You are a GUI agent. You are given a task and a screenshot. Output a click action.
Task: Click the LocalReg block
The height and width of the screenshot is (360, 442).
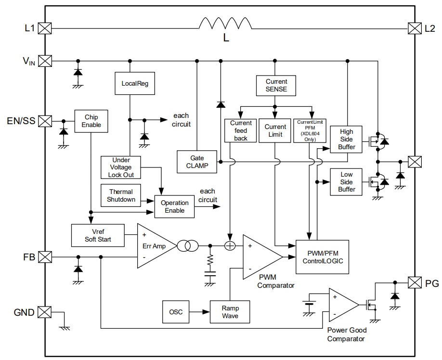135,84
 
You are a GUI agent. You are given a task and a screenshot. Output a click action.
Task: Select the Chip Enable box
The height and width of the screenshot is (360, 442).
91,121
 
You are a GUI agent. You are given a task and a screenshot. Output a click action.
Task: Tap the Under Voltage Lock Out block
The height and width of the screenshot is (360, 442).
122,167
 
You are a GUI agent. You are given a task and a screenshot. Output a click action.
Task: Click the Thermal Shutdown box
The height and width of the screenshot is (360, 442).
120,195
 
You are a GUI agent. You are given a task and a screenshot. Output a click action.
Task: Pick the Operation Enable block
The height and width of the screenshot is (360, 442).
175,206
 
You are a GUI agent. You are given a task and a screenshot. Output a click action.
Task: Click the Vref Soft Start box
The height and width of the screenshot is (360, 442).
98,235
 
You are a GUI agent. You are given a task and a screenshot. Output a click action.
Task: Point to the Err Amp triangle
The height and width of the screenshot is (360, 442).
153,245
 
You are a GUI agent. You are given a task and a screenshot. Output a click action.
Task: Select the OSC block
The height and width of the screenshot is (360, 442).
176,312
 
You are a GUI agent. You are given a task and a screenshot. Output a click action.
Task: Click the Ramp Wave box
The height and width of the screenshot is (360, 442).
230,312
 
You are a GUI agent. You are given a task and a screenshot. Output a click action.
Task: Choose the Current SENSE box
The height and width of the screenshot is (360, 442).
276,85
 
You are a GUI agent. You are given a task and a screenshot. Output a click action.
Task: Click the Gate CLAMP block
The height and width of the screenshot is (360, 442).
197,162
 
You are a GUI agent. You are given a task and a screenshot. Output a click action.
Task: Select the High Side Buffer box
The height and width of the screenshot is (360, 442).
346,139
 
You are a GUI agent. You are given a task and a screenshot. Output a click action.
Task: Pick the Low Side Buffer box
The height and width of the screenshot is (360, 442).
346,182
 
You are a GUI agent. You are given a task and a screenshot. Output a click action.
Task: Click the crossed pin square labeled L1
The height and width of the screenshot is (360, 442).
45,28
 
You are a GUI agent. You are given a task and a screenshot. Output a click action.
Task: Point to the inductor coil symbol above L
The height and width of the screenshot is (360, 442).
225,24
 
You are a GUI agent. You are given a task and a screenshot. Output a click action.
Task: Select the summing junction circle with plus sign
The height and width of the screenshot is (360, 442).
230,246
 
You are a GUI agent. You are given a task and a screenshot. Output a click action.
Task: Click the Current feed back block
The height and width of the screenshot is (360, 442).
241,130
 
